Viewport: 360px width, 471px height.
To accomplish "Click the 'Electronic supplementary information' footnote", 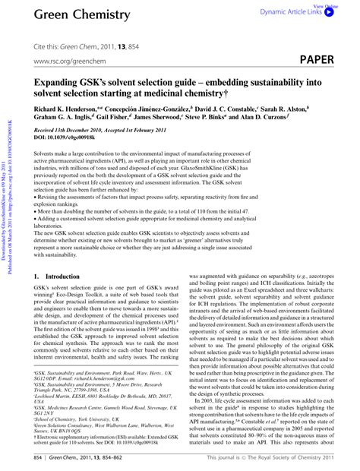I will (x=99, y=436).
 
